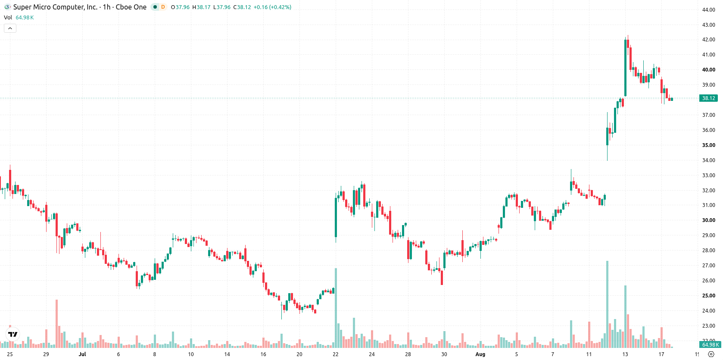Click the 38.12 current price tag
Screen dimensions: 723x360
point(708,98)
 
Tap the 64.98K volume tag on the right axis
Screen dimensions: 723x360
point(710,344)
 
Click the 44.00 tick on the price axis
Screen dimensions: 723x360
point(708,9)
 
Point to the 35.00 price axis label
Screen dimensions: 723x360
point(708,145)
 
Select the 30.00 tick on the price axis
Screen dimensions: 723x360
point(708,220)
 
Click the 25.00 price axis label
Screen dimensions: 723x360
point(708,295)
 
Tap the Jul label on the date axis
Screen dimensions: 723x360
point(82,354)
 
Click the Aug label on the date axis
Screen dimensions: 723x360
point(480,354)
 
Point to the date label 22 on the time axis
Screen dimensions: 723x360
point(336,354)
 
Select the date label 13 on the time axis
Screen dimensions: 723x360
point(625,354)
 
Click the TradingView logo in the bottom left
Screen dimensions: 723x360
point(13,334)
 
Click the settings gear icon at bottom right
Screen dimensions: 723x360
point(711,354)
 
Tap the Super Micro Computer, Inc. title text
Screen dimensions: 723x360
point(55,7)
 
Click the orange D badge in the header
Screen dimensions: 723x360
point(163,7)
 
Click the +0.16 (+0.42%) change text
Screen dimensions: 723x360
point(272,7)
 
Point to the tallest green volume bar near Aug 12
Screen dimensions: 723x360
point(607,304)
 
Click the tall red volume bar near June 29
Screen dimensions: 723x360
point(57,323)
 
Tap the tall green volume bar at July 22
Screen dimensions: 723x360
point(336,308)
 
